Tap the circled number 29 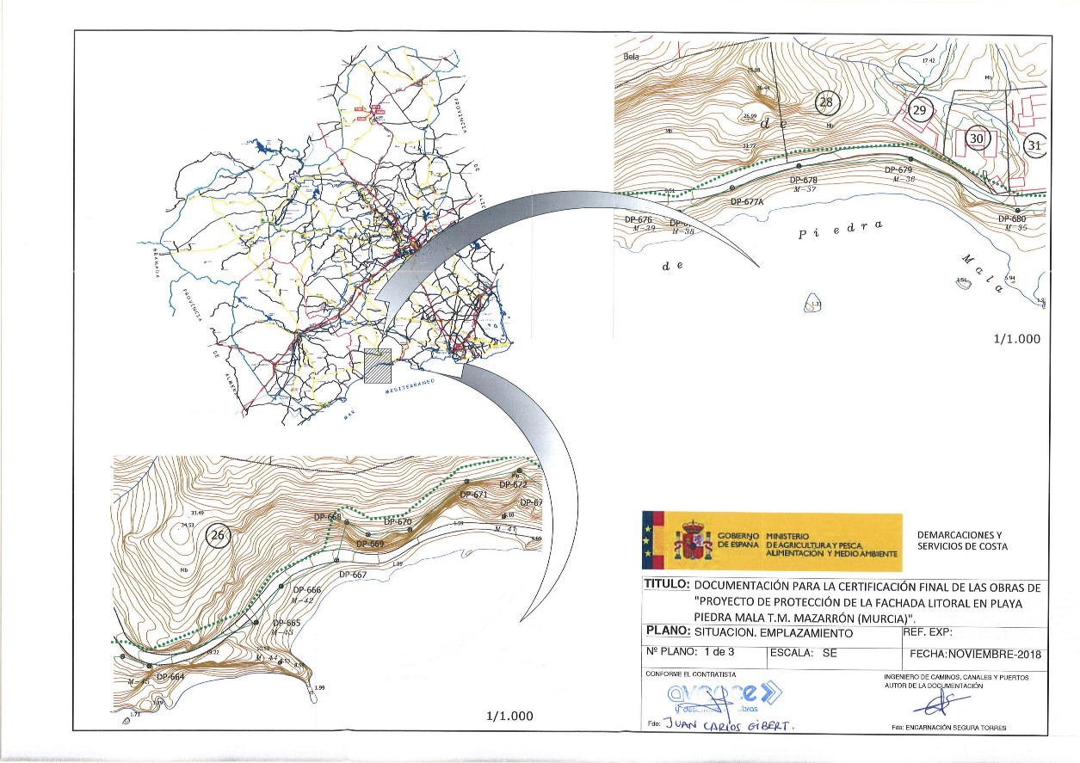pos(920,110)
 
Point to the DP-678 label pos(803,181)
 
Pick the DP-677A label pos(747,202)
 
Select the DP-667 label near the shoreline pos(353,575)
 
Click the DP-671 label pos(474,495)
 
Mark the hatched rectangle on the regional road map pos(378,366)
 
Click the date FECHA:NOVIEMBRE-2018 pos(975,654)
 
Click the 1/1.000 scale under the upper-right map pos(1016,338)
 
